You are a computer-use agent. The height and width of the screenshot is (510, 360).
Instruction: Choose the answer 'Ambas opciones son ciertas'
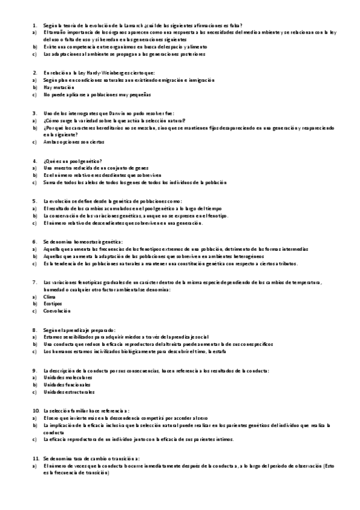pos(73,142)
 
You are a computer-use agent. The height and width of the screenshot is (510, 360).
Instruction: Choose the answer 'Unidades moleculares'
pos(67,377)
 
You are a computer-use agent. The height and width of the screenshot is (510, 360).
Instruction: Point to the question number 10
pos(35,410)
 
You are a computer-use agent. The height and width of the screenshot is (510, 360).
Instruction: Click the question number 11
pos(35,458)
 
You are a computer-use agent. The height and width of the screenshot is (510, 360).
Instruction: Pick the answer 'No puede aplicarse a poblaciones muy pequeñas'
pos(97,94)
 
